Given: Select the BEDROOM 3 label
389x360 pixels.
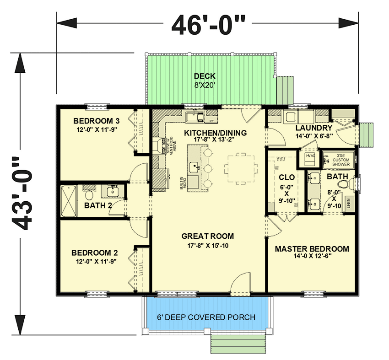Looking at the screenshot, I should [97, 121].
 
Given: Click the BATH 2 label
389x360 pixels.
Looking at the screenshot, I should [98, 205].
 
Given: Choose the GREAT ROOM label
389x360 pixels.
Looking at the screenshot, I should [207, 236].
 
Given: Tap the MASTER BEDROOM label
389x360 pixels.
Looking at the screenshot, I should [312, 249].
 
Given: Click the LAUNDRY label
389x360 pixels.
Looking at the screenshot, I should [313, 128].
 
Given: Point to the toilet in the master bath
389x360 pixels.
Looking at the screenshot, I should [352, 184].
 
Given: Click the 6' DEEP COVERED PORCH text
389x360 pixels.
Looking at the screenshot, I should [206, 317].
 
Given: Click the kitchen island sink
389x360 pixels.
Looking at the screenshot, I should [194, 167].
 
